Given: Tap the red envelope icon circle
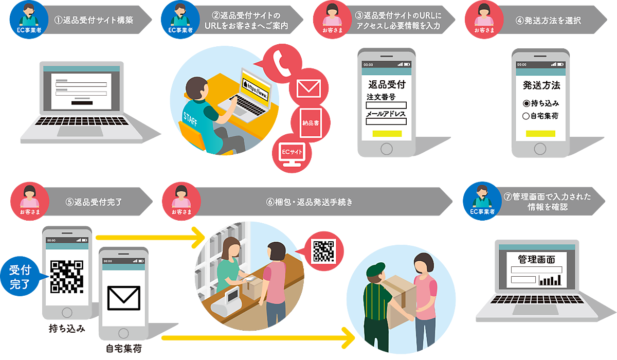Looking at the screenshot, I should (x=308, y=88).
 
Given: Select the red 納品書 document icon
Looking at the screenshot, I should (x=310, y=122).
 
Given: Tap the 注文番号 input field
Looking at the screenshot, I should (x=386, y=105).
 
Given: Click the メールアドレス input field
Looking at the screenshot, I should (x=386, y=122).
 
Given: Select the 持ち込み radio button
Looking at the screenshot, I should (x=526, y=103).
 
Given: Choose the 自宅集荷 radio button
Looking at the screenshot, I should (x=526, y=116).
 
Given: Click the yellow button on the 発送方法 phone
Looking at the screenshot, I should (x=541, y=134).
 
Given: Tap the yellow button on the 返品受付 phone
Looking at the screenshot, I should (x=387, y=133).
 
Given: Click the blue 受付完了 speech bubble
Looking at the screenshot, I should (x=20, y=276).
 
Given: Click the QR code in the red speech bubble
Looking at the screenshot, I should (x=324, y=251).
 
